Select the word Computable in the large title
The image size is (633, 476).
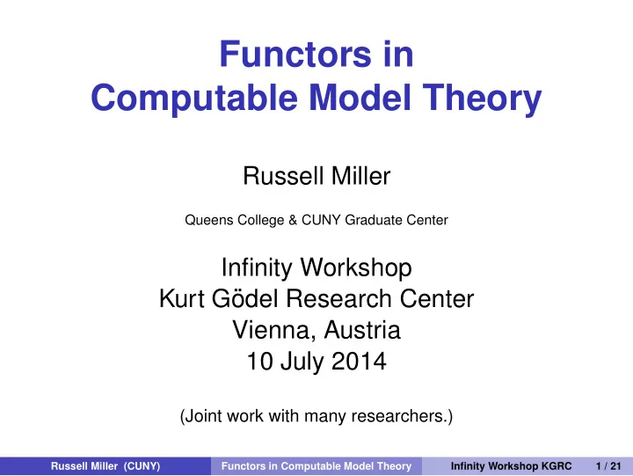194,99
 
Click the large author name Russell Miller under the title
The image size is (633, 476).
316,176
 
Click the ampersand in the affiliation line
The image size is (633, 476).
293,220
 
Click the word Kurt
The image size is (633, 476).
182,298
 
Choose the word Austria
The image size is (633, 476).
362,330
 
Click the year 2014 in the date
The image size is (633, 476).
359,362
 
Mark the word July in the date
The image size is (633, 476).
302,362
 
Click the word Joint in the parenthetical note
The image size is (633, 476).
204,416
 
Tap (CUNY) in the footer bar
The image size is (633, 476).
142,466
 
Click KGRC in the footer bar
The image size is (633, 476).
557,466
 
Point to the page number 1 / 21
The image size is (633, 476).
608,466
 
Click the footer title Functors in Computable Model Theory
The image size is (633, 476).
316,466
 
